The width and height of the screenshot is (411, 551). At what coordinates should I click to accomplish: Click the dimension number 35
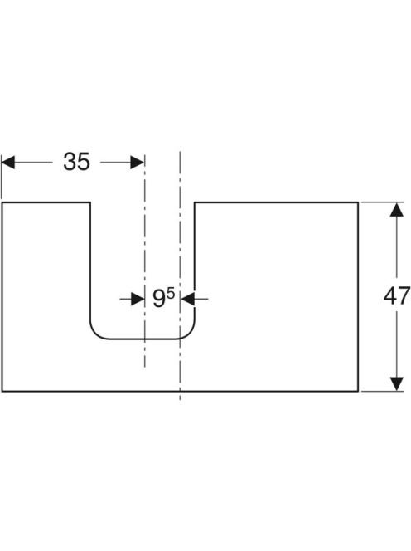(x=76, y=162)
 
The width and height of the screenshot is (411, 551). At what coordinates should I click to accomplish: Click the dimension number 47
(x=397, y=295)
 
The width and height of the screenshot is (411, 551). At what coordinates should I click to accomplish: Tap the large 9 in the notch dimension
(x=159, y=299)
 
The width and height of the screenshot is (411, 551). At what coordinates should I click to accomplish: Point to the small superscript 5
(x=171, y=294)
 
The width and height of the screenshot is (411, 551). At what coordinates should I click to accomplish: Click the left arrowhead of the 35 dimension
(x=7, y=163)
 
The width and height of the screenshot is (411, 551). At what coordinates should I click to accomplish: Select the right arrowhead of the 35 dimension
(x=138, y=163)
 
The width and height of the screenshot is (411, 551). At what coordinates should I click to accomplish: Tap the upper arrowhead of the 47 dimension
(x=397, y=209)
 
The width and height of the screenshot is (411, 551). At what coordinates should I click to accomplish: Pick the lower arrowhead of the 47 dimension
(x=397, y=383)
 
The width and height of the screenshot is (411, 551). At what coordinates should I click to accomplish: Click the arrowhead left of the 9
(x=138, y=299)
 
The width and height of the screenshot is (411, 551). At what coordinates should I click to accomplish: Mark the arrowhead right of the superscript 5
(x=187, y=299)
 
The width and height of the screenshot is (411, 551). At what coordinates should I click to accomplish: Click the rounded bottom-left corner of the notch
(x=97, y=333)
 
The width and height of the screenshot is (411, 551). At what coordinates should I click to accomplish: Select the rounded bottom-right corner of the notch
(x=188, y=333)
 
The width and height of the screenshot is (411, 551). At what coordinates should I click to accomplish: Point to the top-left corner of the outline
(x=2, y=202)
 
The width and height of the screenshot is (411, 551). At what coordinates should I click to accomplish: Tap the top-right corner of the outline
(x=358, y=202)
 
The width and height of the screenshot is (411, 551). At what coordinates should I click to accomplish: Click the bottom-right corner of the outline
(x=358, y=391)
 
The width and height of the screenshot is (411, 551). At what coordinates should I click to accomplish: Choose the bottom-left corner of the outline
(x=2, y=391)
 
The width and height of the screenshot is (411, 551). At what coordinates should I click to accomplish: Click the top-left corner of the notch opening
(x=90, y=202)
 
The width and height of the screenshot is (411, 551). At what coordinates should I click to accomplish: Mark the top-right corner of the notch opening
(x=195, y=202)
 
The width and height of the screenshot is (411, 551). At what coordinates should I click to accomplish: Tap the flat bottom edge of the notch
(x=143, y=339)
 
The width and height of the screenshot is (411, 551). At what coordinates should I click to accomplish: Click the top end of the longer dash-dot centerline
(x=180, y=152)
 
